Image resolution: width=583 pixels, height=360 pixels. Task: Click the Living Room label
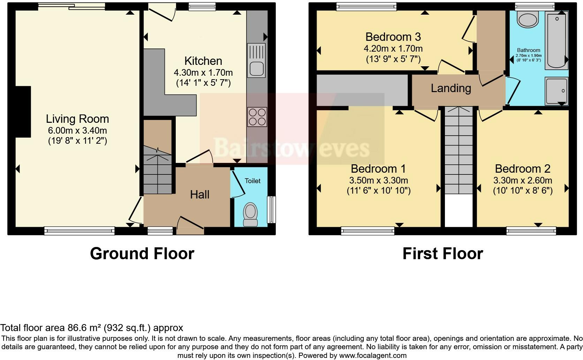pos(77,119)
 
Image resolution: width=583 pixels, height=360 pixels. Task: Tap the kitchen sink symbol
pos(256,60)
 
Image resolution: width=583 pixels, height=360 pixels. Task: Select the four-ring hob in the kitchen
pos(257,117)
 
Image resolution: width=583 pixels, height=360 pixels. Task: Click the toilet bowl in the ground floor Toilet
pos(250,213)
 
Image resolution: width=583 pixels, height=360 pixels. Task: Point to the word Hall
pos(199,195)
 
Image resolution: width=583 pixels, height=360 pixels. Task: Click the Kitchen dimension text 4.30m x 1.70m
pos(203,73)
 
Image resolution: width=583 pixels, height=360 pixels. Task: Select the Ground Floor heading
pos(142,254)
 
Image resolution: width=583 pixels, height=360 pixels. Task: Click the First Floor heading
pos(442,254)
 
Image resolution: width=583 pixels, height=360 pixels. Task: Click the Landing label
pos(451,88)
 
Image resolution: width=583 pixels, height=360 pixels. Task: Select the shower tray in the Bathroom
pos(556,91)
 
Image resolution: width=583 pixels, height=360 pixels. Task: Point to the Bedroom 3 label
pos(393,37)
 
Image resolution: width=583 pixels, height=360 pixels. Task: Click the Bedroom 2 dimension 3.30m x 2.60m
pos(522,180)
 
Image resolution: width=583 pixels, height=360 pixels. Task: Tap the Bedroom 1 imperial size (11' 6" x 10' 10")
pos(378,190)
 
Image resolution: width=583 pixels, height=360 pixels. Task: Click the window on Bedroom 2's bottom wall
pos(531,230)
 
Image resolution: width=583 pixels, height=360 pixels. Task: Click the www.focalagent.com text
pos(373,356)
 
